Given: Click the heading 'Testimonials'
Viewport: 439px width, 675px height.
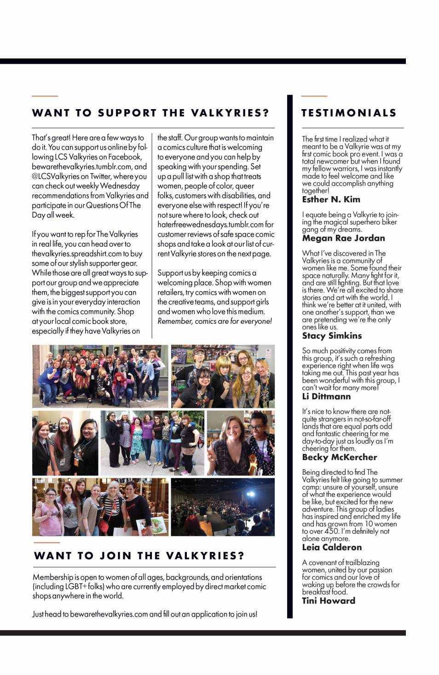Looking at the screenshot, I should click(x=348, y=113).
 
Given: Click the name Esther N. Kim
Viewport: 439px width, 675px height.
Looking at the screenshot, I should click(x=331, y=199).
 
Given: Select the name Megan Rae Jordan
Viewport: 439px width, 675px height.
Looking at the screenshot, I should click(x=343, y=238).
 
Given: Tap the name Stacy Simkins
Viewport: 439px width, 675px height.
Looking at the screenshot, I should click(x=332, y=336).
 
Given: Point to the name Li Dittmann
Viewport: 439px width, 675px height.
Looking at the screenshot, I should click(x=326, y=396).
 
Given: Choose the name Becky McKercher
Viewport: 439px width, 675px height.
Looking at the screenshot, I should click(x=339, y=457).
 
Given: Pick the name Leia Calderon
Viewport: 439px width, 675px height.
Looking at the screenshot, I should click(x=332, y=547).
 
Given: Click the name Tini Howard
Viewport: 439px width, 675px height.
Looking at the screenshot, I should click(x=329, y=601).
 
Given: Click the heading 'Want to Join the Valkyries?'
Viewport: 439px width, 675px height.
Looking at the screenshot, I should click(x=139, y=556).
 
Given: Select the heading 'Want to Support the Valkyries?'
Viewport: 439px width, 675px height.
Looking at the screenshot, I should click(x=150, y=113).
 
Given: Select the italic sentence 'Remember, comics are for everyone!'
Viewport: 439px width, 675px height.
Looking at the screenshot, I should click(x=214, y=321).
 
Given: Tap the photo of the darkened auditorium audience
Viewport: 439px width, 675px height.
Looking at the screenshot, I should click(x=223, y=507).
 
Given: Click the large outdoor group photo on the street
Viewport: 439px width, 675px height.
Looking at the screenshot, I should click(x=100, y=376).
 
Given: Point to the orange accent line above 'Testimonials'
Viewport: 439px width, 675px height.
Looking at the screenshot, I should click(x=314, y=96).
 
